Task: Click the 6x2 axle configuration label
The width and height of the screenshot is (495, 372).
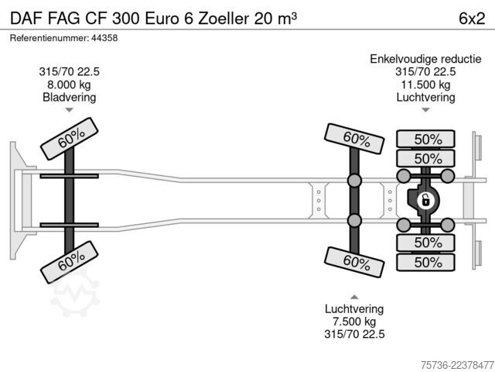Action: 472,19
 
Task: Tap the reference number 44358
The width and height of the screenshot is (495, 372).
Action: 104,38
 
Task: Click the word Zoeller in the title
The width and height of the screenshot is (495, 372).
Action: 224,19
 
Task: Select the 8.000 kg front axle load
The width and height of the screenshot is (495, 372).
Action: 69,84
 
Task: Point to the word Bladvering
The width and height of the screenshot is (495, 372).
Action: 69,97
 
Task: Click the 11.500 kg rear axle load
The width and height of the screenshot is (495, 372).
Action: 425,84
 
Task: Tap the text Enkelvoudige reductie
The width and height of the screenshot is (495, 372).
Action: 425,59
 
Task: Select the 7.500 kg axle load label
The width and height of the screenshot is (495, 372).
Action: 354,322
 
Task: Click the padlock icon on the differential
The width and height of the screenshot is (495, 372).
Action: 425,201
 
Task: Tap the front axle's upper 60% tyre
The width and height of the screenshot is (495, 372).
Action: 70,139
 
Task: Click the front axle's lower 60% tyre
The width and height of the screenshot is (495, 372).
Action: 70,262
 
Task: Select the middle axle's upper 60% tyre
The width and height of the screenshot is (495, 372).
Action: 354,139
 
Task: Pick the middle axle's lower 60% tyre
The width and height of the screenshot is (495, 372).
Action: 354,262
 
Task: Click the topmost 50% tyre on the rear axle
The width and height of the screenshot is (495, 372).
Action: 425,139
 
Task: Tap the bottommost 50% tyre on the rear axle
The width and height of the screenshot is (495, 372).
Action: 425,262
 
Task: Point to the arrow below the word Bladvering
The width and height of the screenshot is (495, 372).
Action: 69,110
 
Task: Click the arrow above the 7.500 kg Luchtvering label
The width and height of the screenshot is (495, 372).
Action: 354,297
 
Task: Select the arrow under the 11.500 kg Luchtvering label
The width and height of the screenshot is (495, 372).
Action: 425,110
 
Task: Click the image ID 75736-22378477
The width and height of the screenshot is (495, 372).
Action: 457,365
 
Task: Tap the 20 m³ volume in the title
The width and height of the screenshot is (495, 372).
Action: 275,19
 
